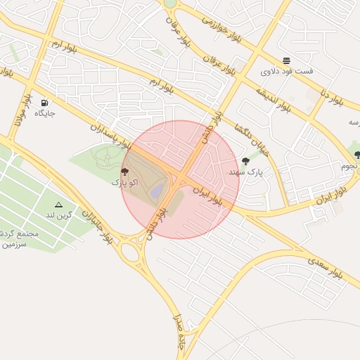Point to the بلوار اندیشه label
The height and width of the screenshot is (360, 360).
point(273,99)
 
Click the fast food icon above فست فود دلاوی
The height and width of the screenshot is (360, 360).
point(286,61)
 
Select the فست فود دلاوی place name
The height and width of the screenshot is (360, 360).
point(287,72)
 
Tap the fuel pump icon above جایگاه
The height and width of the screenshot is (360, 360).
point(46,102)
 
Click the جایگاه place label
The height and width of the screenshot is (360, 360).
point(44,112)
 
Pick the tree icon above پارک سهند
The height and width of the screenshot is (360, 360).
point(245,161)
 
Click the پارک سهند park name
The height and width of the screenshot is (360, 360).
point(244,172)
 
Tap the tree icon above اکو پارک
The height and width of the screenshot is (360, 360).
point(125,172)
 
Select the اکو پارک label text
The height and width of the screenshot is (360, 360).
point(125,182)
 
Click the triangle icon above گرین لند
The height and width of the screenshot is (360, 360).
point(58,205)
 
